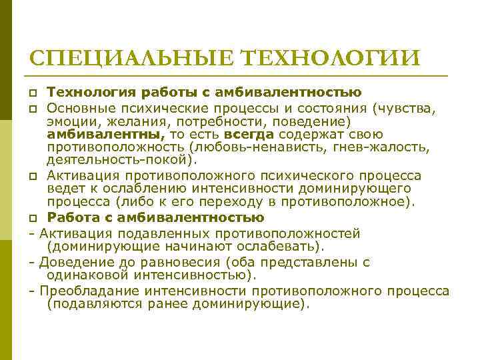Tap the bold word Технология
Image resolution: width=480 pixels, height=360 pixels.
pyautogui.click(x=89, y=92)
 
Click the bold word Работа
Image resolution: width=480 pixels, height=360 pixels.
pyautogui.click(x=73, y=218)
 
